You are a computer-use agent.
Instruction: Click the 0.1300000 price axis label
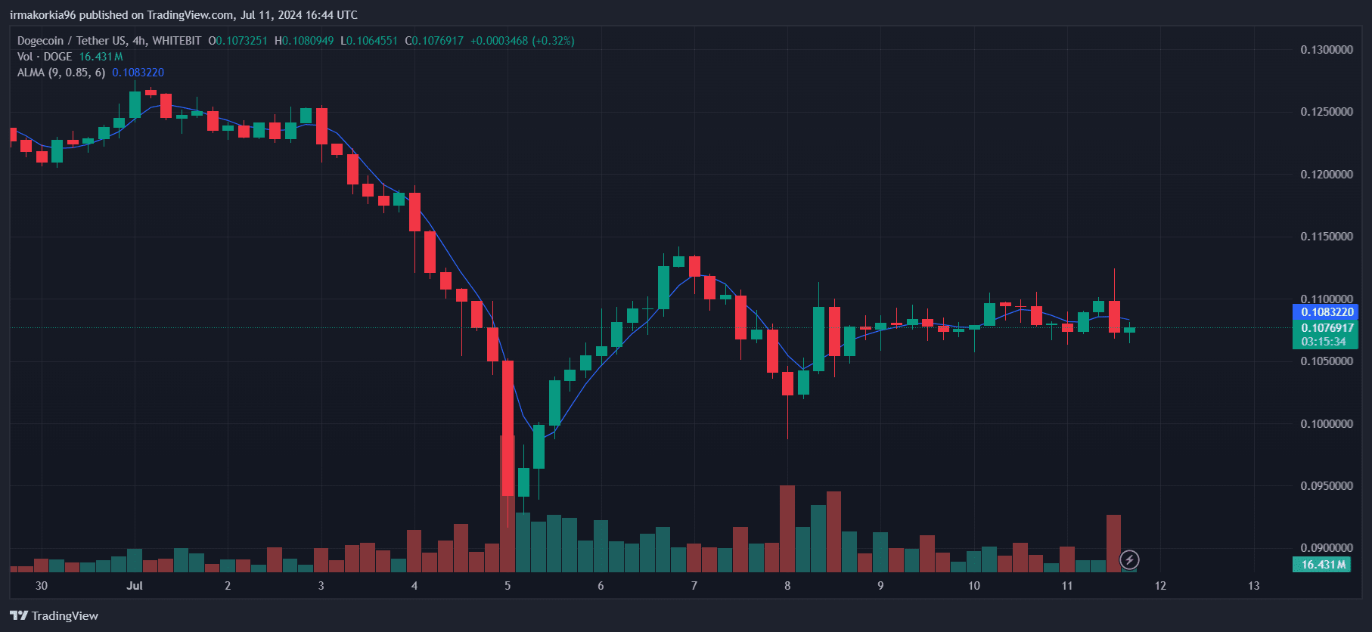click(x=1327, y=50)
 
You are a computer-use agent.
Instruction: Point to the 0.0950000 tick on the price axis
click(x=1327, y=486)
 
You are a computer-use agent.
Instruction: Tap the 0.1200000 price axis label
click(x=1327, y=175)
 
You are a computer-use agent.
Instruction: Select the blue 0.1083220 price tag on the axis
click(x=1327, y=312)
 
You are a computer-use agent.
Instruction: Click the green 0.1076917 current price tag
click(x=1327, y=328)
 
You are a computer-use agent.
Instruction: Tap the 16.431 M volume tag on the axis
click(x=1323, y=565)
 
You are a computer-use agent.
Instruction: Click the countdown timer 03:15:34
click(x=1324, y=342)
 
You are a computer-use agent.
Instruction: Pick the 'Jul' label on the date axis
click(x=135, y=586)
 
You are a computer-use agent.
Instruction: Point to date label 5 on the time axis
click(x=508, y=586)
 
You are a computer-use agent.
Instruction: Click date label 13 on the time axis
click(x=1253, y=586)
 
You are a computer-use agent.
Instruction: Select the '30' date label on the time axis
click(x=42, y=586)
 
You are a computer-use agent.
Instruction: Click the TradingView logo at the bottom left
click(x=54, y=615)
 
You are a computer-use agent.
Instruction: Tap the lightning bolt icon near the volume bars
click(x=1129, y=560)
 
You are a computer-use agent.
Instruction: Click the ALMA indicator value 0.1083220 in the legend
click(x=138, y=73)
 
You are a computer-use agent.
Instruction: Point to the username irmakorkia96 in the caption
click(x=42, y=15)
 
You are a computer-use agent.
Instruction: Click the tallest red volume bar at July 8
click(x=787, y=529)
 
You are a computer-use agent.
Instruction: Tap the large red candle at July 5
click(x=508, y=428)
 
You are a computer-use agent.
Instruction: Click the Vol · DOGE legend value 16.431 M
click(x=101, y=57)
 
